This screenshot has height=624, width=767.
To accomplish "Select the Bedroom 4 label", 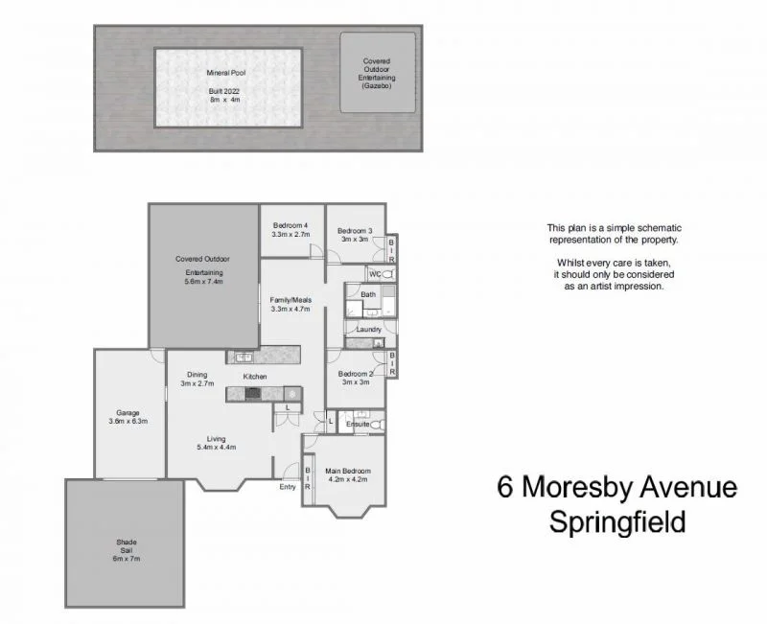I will pos(291,223).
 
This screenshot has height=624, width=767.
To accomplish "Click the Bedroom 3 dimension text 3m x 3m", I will pos(355,241).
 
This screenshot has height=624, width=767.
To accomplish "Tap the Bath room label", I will pos(368,294).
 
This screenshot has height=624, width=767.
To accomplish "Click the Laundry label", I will pos(369,330).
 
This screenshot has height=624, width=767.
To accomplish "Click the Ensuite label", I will pos(359,423).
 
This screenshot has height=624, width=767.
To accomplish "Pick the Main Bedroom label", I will pos(348,471).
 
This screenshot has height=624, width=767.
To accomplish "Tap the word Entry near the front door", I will pos(288,487).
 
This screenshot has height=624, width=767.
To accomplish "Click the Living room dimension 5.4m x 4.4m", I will pos(217,448).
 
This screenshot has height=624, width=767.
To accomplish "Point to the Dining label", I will pos(198,374).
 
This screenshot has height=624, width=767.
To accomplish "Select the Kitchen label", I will pos(254,377).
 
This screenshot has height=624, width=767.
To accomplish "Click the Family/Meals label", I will pos(291,300).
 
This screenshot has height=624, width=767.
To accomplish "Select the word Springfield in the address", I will pos(616,522).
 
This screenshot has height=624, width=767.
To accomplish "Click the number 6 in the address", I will pos(504,489).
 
